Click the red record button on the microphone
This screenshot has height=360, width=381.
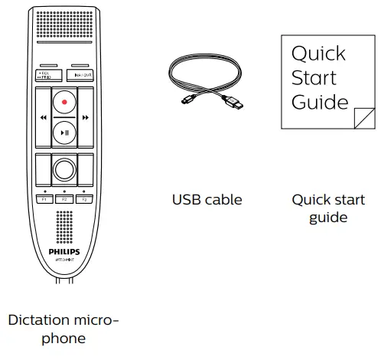(x=64, y=100)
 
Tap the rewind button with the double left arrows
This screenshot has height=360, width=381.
(x=43, y=117)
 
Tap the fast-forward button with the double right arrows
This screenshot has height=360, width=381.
(x=86, y=117)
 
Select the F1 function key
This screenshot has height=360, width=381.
(x=44, y=198)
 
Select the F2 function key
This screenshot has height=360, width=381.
(x=64, y=198)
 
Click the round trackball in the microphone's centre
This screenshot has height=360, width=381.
(x=64, y=166)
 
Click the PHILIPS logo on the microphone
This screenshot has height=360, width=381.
(x=64, y=250)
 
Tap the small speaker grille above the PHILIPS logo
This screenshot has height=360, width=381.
(x=64, y=225)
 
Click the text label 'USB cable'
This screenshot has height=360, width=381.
(x=207, y=201)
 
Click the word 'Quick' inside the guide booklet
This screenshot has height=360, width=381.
(x=318, y=54)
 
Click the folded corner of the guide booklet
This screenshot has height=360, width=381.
(x=363, y=117)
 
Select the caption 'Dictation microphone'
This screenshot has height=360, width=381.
(x=63, y=329)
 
